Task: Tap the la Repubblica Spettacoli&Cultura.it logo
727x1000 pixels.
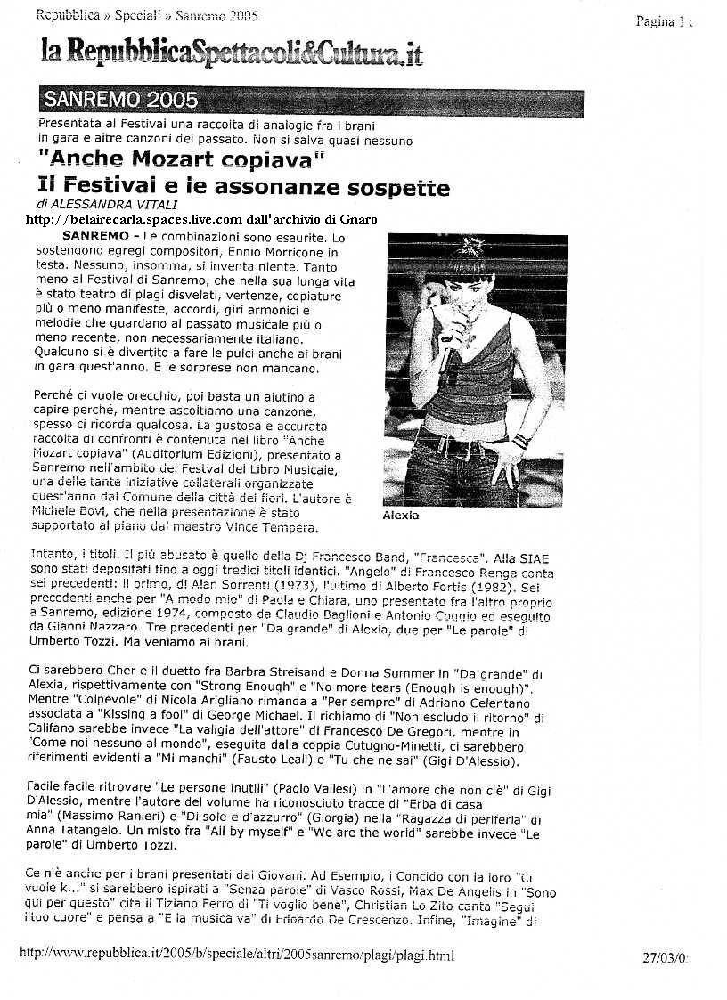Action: click(231, 53)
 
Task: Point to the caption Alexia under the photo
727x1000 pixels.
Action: click(400, 516)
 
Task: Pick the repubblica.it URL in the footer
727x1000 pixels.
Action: click(236, 955)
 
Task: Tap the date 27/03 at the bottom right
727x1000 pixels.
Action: click(663, 958)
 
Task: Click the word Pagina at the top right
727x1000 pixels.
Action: click(655, 22)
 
